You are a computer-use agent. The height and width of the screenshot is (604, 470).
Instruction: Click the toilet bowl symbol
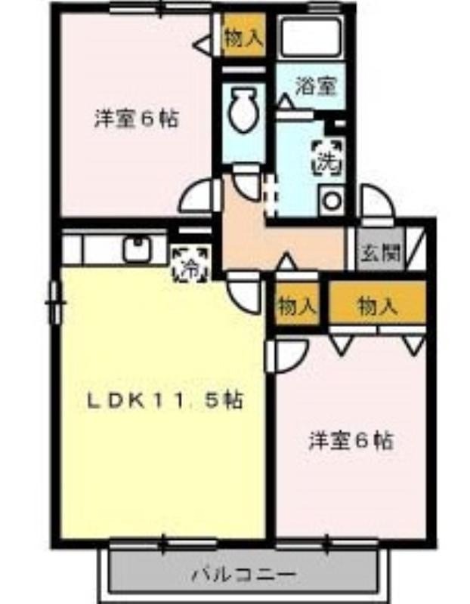click(x=242, y=109)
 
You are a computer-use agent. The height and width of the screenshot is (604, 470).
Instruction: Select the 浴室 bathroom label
click(x=316, y=86)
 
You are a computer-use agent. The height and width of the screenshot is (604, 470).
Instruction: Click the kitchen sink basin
click(x=138, y=249)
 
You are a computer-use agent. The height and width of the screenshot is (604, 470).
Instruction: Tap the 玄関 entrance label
click(x=380, y=254)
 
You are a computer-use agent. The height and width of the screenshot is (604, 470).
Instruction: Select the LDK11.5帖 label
click(x=165, y=401)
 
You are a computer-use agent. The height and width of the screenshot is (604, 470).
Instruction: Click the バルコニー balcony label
click(x=244, y=575)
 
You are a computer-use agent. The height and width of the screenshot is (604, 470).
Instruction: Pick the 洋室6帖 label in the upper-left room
click(x=137, y=119)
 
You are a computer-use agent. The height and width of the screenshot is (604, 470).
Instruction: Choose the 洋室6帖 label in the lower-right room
click(x=351, y=441)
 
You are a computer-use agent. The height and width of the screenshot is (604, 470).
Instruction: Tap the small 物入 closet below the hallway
click(x=296, y=307)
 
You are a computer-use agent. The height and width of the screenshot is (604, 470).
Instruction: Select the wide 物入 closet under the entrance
click(x=377, y=306)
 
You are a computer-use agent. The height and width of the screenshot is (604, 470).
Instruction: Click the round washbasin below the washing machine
click(x=331, y=199)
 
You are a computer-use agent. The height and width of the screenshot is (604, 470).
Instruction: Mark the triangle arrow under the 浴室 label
click(x=285, y=100)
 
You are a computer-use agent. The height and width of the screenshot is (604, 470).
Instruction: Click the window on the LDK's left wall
click(x=55, y=302)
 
